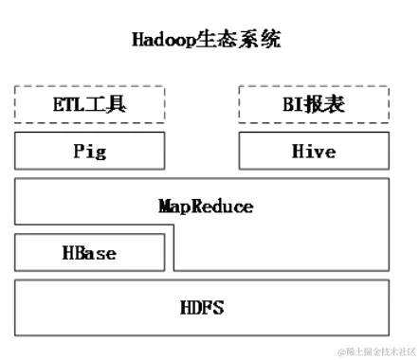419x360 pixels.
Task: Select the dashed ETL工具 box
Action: [x=89, y=104]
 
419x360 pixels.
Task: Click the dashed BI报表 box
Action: [x=313, y=104]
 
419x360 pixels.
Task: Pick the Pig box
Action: [x=89, y=151]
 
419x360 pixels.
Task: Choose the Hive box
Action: [x=313, y=151]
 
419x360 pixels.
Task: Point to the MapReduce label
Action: [x=207, y=205]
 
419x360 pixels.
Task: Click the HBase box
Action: [x=89, y=253]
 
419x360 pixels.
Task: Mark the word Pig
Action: [x=89, y=151]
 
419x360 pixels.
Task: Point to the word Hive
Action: [x=313, y=151]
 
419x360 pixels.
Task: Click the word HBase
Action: [x=89, y=253]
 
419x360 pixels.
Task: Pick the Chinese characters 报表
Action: [x=324, y=104]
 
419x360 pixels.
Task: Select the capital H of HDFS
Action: [x=185, y=307]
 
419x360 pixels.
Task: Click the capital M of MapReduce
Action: [x=165, y=205]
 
